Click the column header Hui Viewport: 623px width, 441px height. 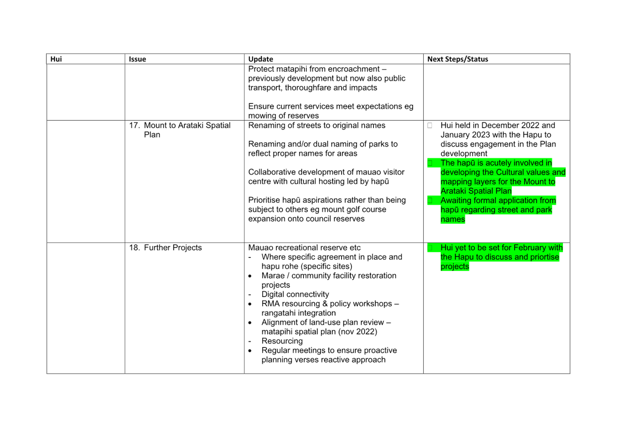click(56, 59)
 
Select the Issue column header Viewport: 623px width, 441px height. click(137, 59)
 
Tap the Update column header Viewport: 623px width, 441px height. click(261, 59)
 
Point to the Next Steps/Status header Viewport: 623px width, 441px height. click(457, 59)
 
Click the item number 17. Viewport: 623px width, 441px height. click(134, 125)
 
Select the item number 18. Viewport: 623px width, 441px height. click(134, 248)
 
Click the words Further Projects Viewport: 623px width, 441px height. click(173, 248)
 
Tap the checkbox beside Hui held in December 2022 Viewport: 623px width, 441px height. click(430, 125)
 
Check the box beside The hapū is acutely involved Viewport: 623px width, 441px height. click(430, 163)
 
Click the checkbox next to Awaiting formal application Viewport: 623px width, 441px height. click(430, 201)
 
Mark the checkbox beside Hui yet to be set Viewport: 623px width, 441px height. click(430, 248)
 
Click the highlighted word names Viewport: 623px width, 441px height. click(453, 219)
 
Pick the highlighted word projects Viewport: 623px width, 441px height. click(455, 266)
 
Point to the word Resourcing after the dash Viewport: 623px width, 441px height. click(282, 341)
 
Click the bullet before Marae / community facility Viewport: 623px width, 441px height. click(250, 276)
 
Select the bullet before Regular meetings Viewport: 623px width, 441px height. click(250, 351)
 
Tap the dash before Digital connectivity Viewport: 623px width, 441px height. click(250, 294)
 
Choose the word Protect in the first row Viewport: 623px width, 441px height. click(261, 69)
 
